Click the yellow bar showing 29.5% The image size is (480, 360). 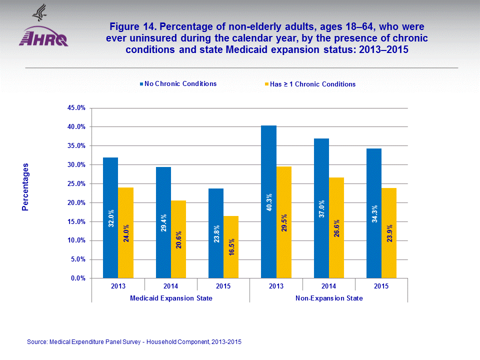coord(284,222)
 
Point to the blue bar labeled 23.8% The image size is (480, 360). coord(216,233)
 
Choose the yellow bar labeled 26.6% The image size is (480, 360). coord(336,227)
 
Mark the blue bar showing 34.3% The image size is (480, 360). coord(374,213)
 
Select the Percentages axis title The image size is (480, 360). coord(25,187)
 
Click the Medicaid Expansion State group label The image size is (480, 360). coord(170,298)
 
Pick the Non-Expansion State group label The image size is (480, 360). coord(329,298)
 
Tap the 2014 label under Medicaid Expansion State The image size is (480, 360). coord(170,286)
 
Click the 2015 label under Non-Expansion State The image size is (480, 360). coord(381,286)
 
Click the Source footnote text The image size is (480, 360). coord(134,342)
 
